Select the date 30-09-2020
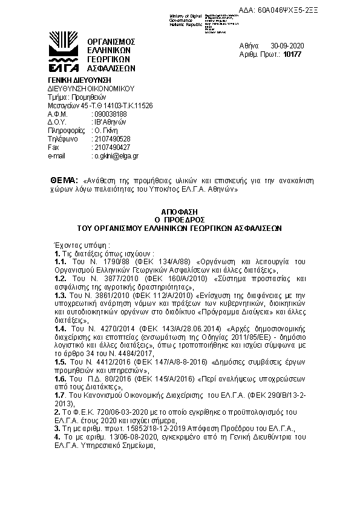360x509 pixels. click(x=287, y=46)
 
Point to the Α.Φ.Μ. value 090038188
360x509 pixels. click(x=110, y=114)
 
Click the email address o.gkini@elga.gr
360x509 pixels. click(x=116, y=155)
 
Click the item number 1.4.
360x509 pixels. click(x=61, y=327)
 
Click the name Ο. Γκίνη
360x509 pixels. click(x=105, y=130)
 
